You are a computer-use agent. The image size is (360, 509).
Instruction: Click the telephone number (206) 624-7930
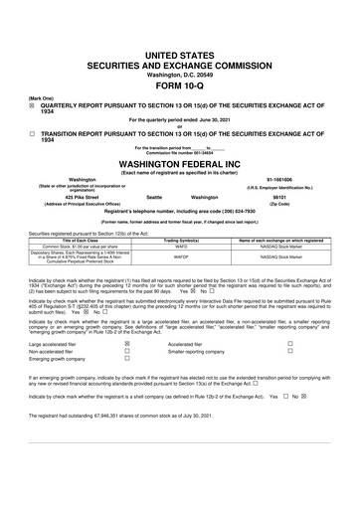(262, 214)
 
